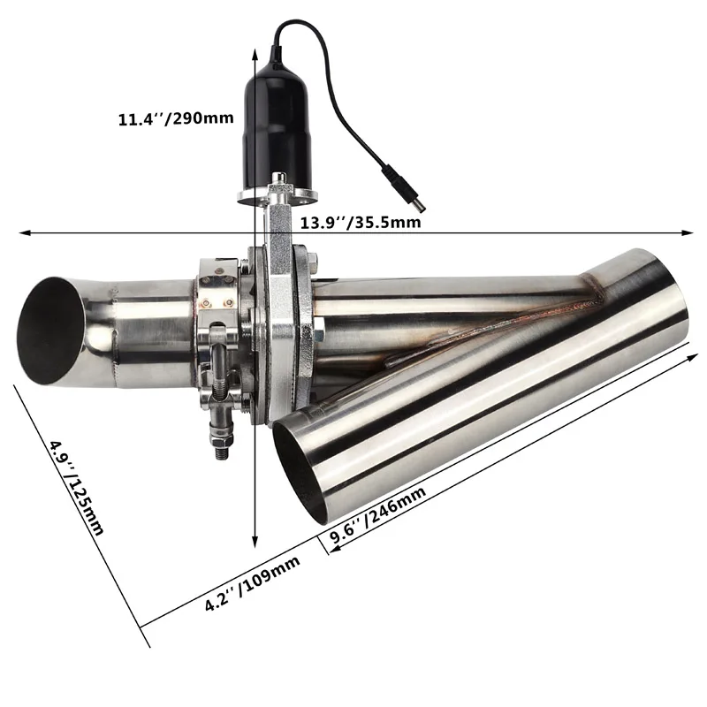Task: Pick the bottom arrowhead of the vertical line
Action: [255, 548]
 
